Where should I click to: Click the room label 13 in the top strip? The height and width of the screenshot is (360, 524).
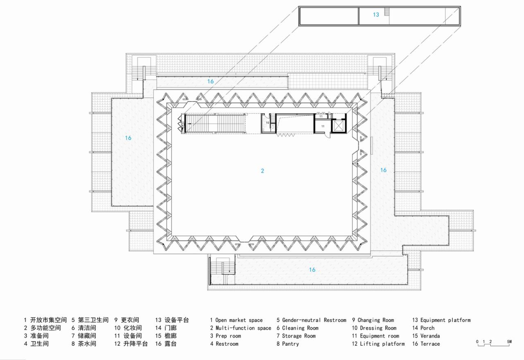376,15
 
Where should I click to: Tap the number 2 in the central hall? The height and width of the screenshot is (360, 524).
262,171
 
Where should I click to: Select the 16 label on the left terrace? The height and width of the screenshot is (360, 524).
128,138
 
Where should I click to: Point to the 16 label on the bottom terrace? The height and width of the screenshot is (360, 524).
312,270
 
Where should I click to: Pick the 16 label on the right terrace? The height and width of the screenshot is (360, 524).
383,170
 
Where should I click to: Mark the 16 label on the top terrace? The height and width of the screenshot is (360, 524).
210,81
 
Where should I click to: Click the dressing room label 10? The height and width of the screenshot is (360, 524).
267,122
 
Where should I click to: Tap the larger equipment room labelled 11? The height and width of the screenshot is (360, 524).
323,126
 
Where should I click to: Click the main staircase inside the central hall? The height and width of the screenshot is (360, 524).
215,124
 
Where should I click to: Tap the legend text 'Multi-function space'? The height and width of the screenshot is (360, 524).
243,328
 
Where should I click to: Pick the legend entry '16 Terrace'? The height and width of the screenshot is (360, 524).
426,344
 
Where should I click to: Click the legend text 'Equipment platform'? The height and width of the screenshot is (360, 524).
445,320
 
